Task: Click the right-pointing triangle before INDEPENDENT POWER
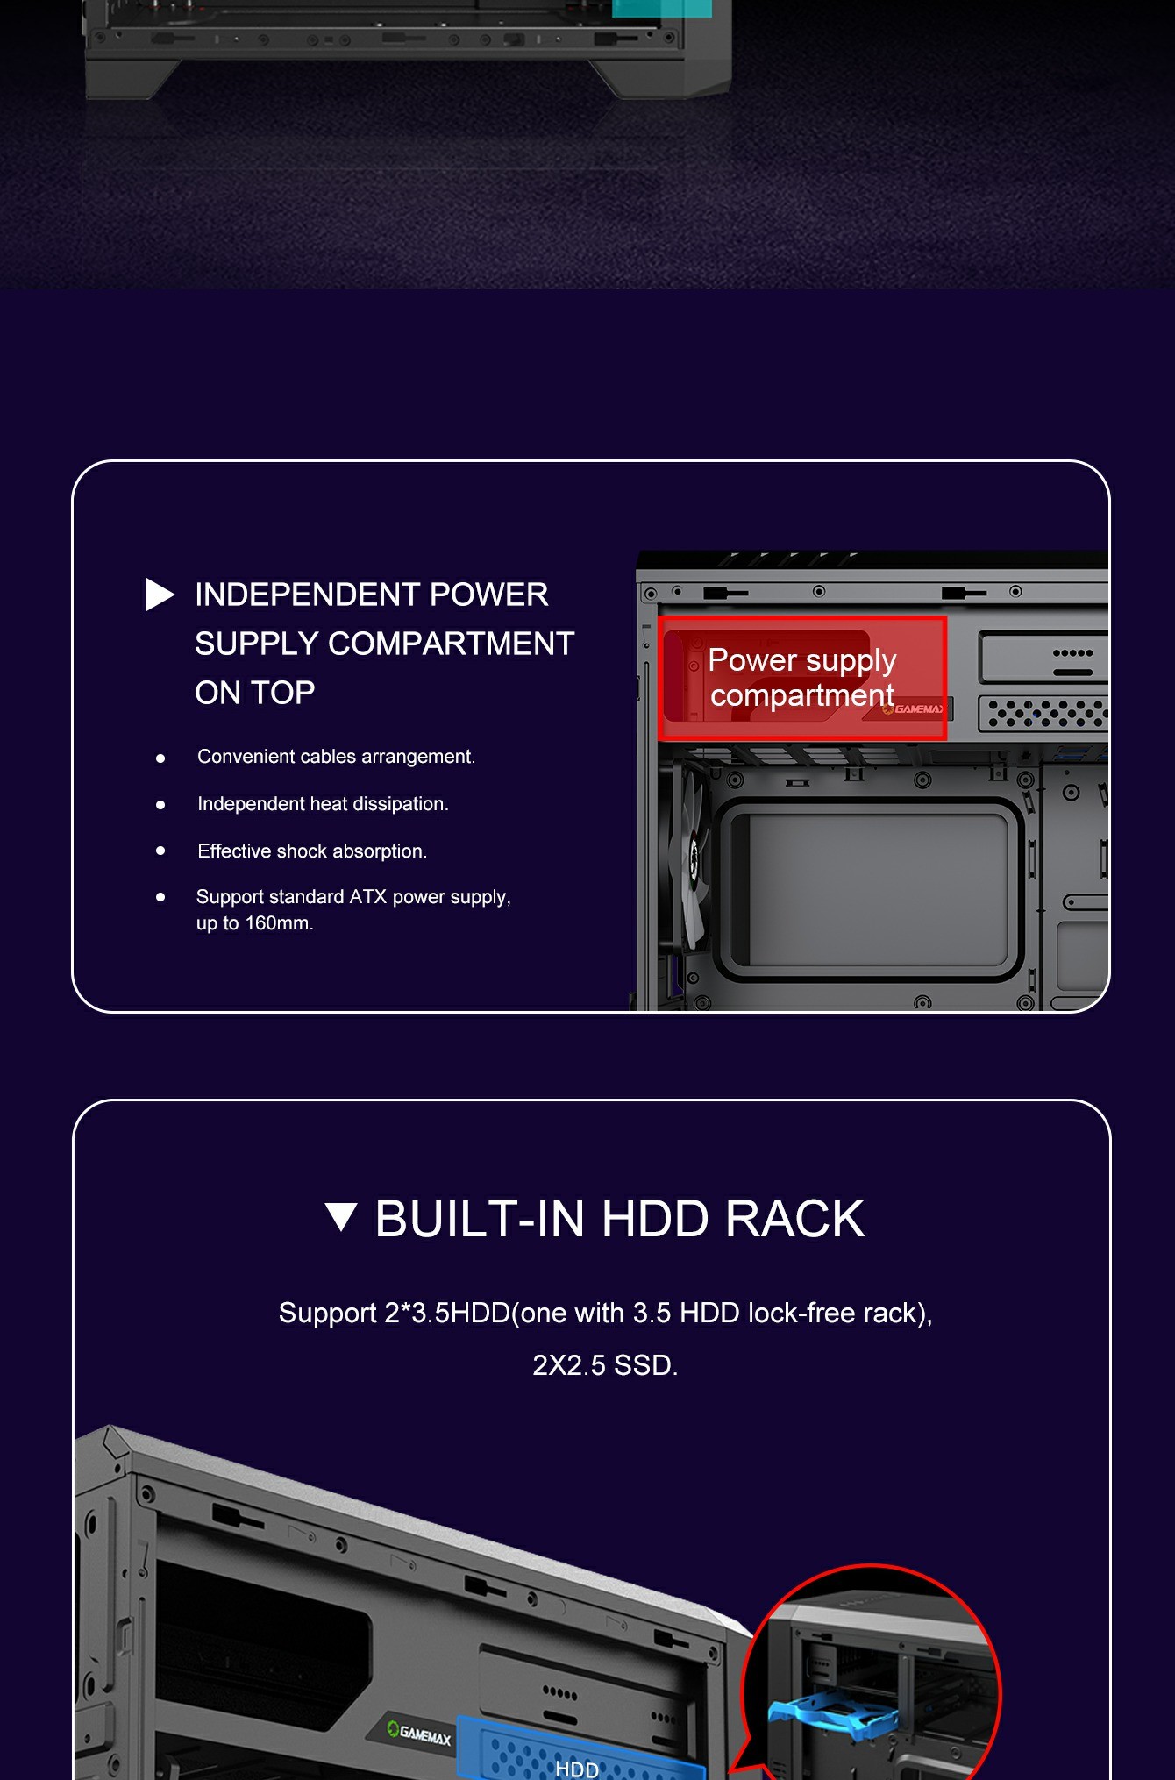(160, 595)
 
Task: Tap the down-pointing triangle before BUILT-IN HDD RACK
(341, 1217)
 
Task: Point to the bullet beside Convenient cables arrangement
(160, 758)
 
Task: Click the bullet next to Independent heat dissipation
(160, 805)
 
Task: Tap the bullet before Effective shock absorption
(160, 851)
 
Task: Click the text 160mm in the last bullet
(279, 923)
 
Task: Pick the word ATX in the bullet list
(368, 897)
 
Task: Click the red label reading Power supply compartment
(802, 678)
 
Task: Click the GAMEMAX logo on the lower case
(420, 1734)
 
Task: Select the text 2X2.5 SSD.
(605, 1365)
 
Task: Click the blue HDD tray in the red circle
(832, 1715)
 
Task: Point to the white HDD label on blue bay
(577, 1769)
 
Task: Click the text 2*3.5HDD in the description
(447, 1313)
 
